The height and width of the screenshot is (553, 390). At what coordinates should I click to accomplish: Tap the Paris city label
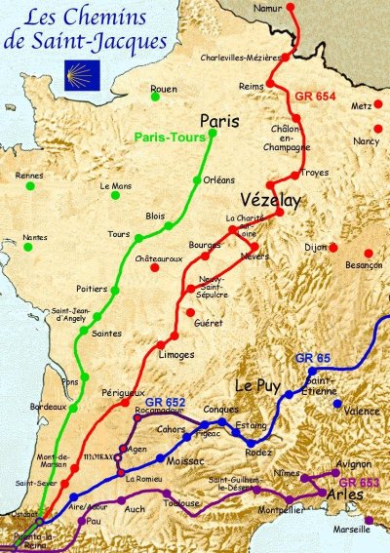pos(218,121)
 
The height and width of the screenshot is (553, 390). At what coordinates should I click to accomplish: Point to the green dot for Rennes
pos(30,185)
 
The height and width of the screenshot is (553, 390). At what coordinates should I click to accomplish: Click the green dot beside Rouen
pos(156,99)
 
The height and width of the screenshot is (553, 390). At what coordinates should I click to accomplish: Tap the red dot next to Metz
pos(377,129)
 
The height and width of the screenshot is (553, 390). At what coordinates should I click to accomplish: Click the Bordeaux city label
pos(48,406)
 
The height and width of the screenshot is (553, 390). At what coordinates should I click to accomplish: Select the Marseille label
pos(353,532)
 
